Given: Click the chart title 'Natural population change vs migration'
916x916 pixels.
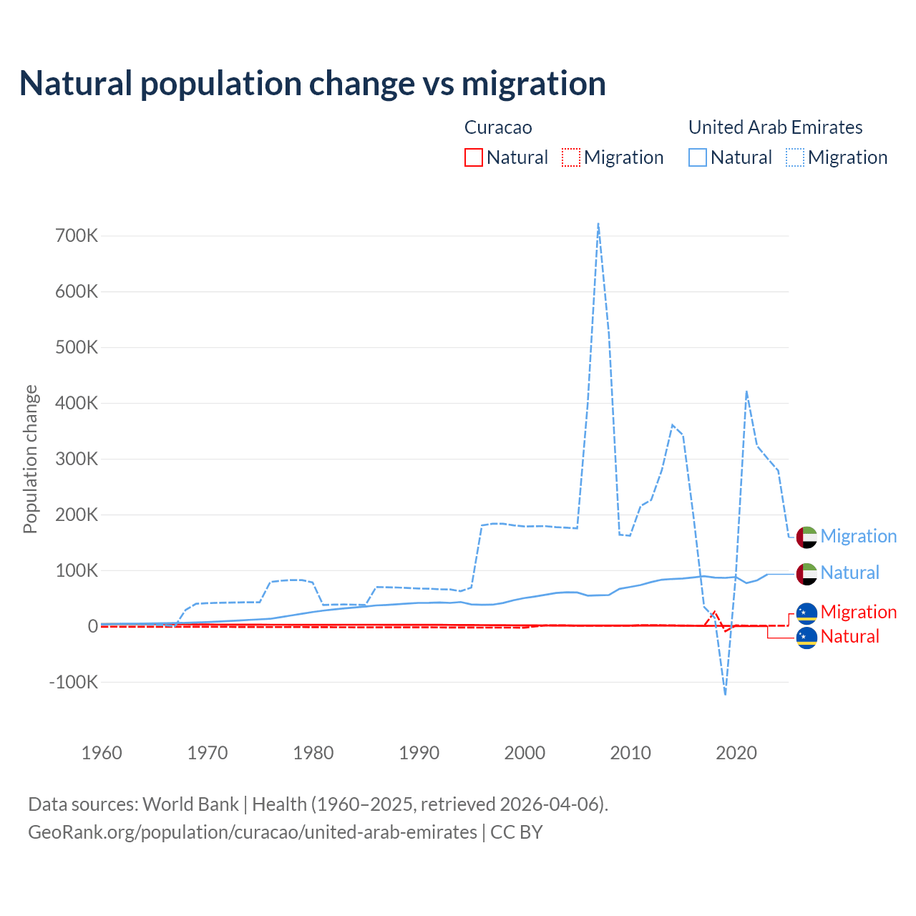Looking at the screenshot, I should click(313, 84).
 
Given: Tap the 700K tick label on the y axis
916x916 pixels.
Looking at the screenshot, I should click(77, 235).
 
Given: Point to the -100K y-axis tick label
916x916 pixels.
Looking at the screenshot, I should click(74, 682).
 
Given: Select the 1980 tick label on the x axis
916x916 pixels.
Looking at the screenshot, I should click(313, 753).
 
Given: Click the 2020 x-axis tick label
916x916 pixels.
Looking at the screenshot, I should click(736, 753).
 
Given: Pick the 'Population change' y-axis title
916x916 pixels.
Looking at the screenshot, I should click(30, 459).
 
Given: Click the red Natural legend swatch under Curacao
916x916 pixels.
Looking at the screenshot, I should click(474, 157).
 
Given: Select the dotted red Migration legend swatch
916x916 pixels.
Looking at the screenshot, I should click(571, 157).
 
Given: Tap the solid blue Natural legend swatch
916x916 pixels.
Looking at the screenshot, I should click(698, 157).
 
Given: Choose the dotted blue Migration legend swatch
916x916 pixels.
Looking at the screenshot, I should click(795, 157).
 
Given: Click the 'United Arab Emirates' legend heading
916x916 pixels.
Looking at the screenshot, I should click(775, 127).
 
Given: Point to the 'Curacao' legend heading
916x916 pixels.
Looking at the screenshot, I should click(498, 127).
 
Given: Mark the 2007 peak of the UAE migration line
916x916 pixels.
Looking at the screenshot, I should click(598, 224).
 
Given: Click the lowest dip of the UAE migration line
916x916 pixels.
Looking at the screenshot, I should click(725, 694).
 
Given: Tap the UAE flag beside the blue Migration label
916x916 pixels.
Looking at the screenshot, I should click(807, 537).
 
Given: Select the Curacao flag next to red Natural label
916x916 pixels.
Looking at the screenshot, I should click(807, 637).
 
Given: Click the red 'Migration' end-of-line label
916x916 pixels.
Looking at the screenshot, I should click(858, 612).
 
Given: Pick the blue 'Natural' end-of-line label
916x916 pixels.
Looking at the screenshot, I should click(849, 572).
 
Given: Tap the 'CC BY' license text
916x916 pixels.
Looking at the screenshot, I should click(516, 832).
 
